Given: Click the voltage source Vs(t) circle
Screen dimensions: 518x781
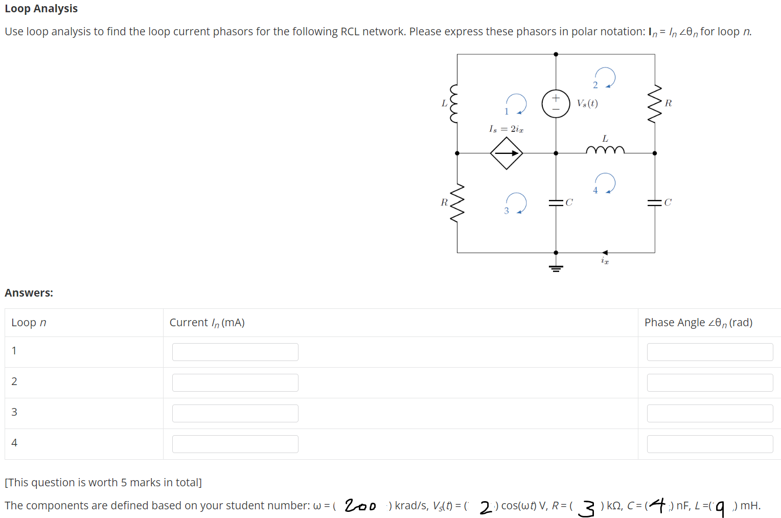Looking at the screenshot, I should coord(556,103).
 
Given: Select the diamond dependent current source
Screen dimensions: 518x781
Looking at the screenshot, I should coord(506,153).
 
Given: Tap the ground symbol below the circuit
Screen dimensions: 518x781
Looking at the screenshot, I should coord(556,267).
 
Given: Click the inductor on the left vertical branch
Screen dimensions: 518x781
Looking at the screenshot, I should coord(454,104).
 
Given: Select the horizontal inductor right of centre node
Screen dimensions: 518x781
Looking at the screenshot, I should coord(605,150).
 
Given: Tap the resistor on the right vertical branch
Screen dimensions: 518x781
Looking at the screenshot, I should coord(655,104).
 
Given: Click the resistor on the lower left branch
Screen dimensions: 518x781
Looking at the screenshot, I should coord(457,202).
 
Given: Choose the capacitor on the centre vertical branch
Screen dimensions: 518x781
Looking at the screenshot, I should coord(556,202).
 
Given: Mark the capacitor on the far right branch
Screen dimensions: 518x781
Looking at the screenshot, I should coord(655,202).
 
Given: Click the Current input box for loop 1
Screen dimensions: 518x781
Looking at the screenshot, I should coord(235,352).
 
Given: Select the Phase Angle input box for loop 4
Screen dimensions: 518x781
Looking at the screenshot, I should coord(709,444).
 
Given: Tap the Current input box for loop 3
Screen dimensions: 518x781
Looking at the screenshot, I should coord(235,413).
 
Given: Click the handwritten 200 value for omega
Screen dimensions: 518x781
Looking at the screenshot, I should coord(360,506).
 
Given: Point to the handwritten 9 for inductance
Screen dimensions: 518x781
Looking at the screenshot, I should coord(720,508).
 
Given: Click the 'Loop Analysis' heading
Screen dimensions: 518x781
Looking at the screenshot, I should coord(41,9).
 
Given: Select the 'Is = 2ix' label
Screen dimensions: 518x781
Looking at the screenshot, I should coord(506,129).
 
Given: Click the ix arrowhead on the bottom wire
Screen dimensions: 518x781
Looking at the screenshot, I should coord(605,253).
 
